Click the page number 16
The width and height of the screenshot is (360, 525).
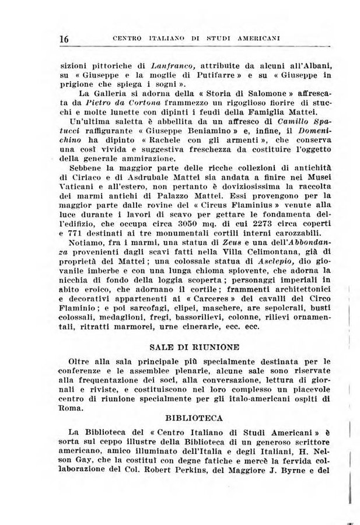click(64, 38)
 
